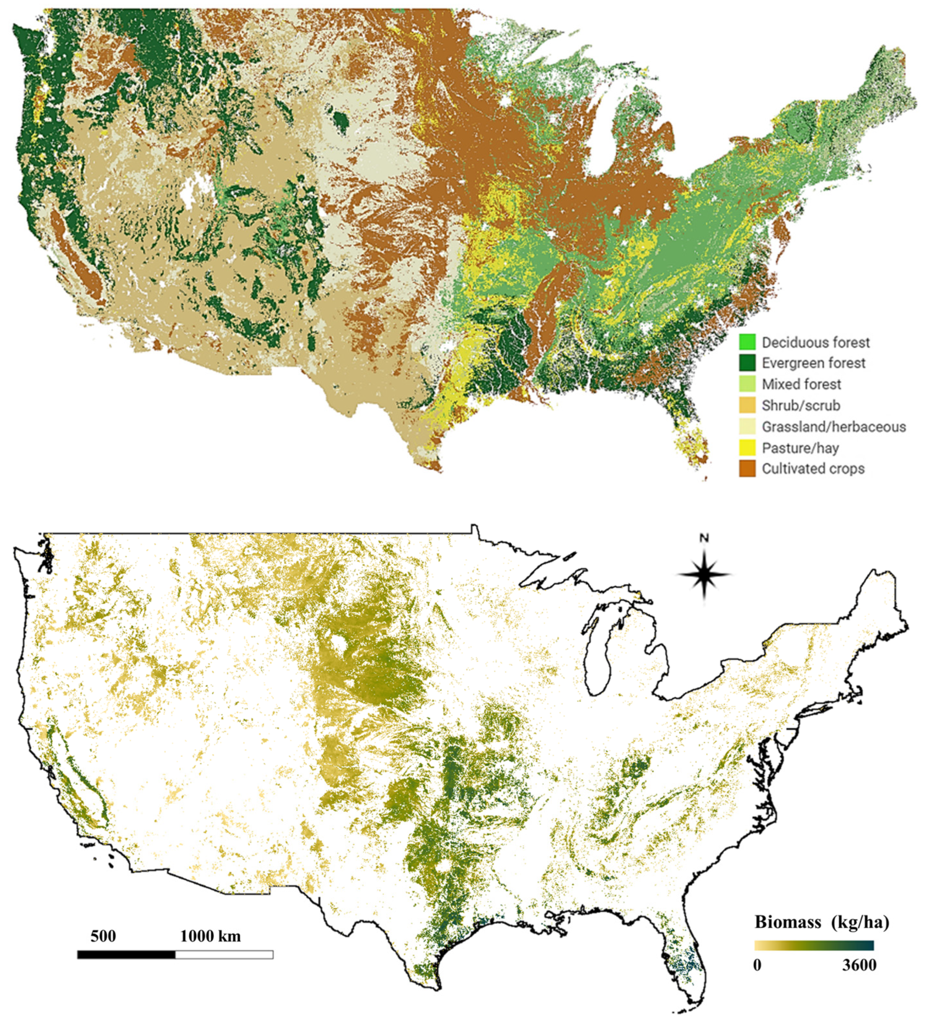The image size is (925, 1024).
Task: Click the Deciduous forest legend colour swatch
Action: tap(747, 342)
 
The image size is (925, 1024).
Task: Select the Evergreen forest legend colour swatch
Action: tap(747, 362)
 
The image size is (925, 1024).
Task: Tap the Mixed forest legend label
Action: tap(801, 384)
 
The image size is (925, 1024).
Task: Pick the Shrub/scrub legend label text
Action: tap(801, 405)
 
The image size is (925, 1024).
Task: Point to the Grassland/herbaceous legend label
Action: tap(833, 427)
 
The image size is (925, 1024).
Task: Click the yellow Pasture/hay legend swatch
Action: tap(747, 447)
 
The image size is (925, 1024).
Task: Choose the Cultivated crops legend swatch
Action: tap(747, 468)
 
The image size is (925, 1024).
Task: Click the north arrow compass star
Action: tap(704, 574)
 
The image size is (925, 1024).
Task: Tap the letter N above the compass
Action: tap(704, 538)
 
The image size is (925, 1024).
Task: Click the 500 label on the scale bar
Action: tap(103, 936)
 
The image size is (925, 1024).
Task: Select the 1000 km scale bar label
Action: tap(210, 936)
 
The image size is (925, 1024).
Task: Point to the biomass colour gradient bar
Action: tap(813, 945)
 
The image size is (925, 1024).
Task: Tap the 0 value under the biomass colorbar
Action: tap(757, 965)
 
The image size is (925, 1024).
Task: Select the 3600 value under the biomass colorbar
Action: tap(859, 965)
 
